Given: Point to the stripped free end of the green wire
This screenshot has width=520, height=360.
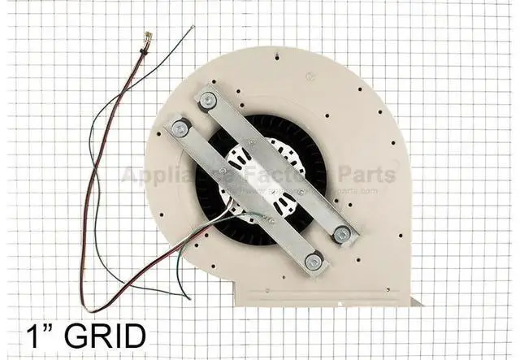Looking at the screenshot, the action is click(x=192, y=29).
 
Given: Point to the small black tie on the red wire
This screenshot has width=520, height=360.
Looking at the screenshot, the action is click(x=142, y=50).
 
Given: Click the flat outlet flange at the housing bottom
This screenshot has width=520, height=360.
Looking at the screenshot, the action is click(x=325, y=299).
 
